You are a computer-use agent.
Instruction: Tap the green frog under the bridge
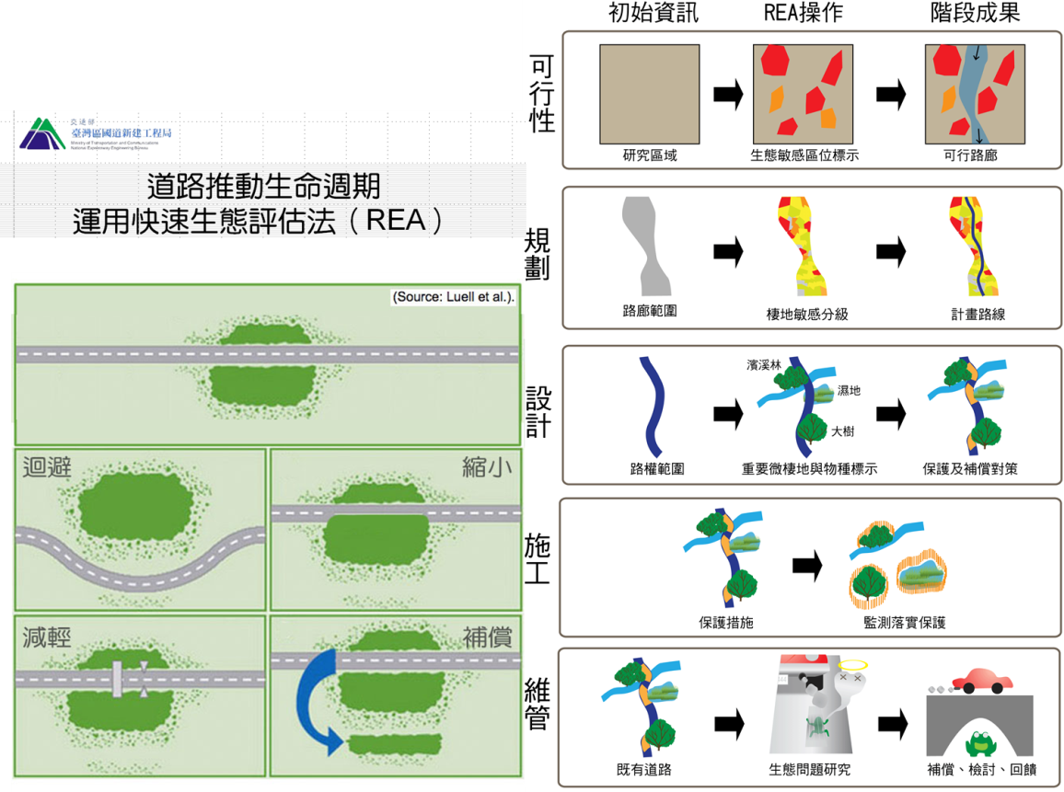coord(979,741)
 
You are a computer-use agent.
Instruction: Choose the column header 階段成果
coord(975,14)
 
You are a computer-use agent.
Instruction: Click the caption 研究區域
coord(650,155)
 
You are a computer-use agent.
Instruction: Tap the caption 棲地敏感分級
coord(807,314)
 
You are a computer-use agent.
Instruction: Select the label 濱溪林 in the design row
coord(763,365)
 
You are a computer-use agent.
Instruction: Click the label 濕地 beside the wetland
coord(849,391)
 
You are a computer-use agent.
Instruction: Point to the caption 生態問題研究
coord(809,769)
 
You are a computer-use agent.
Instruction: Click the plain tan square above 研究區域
coord(650,93)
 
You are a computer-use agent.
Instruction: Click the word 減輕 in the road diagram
coord(47,637)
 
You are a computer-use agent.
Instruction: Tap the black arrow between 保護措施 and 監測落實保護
coord(807,568)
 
